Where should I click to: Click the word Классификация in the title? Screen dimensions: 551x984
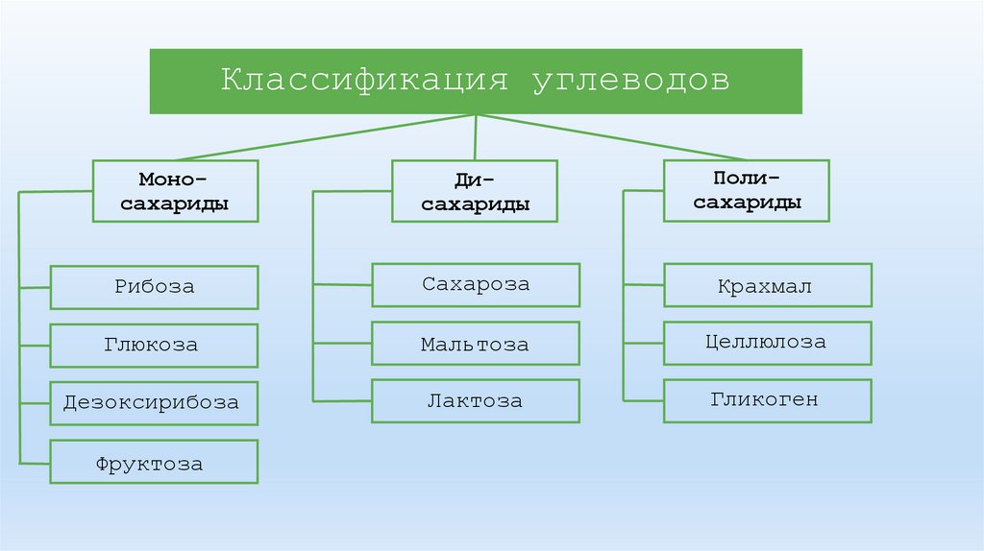point(364,81)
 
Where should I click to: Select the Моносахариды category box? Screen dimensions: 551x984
point(175,191)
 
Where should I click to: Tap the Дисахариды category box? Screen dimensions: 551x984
point(475,191)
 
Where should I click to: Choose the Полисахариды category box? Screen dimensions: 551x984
point(747,190)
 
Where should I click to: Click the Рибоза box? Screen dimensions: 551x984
point(154,287)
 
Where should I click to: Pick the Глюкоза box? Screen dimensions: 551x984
point(154,346)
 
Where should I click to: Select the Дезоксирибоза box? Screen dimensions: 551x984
point(154,402)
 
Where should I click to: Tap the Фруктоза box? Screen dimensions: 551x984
point(154,462)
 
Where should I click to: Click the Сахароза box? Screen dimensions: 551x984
point(476,285)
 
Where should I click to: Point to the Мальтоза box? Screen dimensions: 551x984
point(476,344)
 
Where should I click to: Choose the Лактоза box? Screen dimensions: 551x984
point(476,401)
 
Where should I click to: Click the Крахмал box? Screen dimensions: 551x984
point(767,286)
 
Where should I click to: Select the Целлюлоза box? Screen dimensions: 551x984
point(767,343)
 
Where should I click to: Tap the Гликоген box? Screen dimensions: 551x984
point(767,400)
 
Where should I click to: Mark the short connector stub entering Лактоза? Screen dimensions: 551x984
point(342,400)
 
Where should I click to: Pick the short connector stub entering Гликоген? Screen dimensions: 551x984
point(643,400)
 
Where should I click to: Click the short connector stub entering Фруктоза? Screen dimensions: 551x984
point(35,462)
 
